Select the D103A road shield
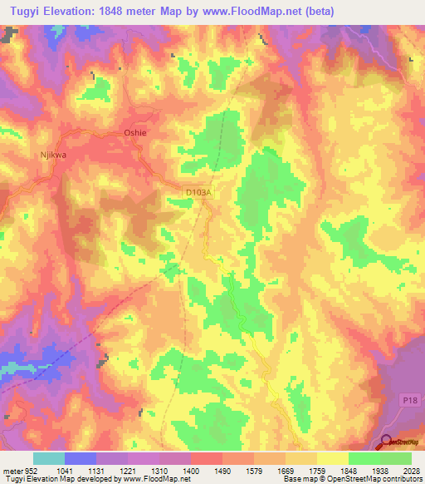pos(199,192)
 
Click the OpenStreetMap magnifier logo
pos(387,442)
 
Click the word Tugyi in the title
pos(23,9)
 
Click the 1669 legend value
pos(298,470)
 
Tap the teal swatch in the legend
pos(49,458)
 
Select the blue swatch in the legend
pos(81,458)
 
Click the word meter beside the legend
pos(13,470)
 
